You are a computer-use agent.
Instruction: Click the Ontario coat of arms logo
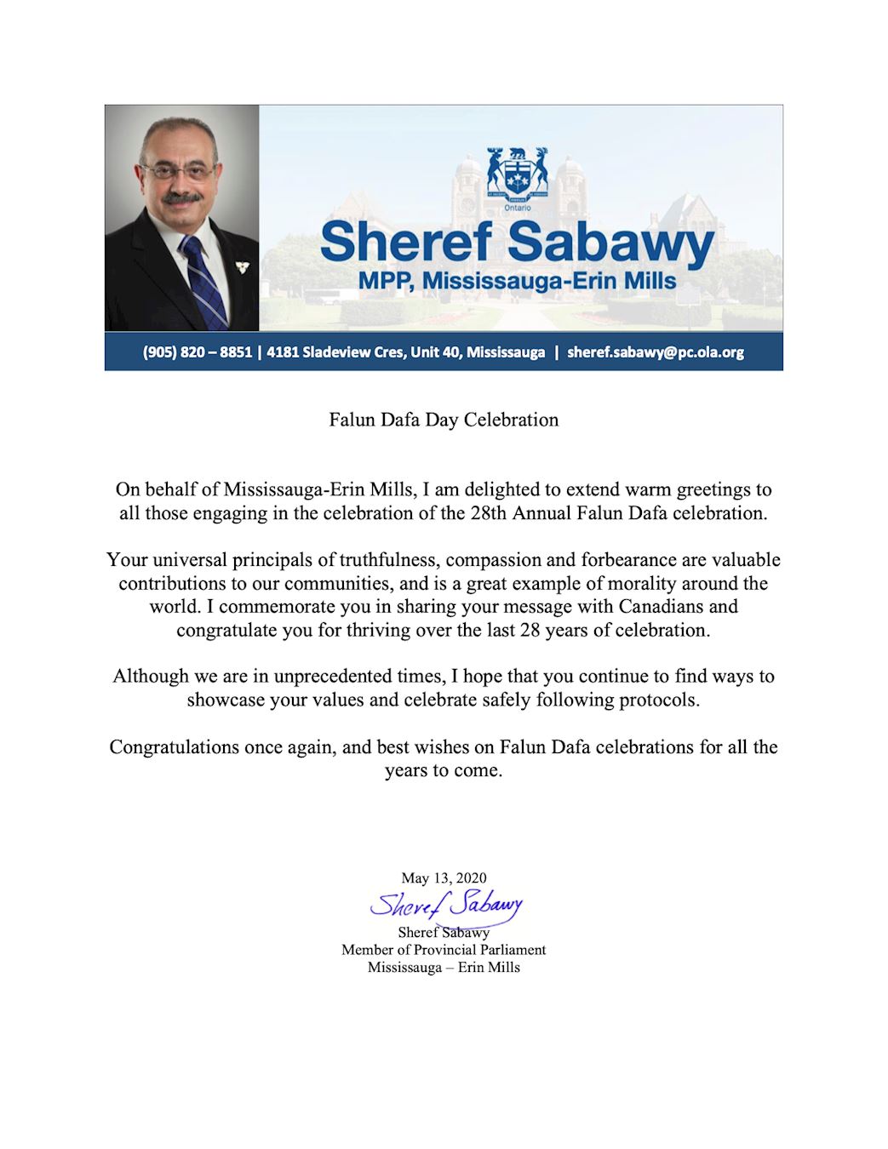point(517,174)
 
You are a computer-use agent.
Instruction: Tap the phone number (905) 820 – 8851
point(198,352)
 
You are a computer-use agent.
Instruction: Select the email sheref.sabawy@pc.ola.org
point(656,352)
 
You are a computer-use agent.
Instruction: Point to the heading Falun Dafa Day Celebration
point(444,420)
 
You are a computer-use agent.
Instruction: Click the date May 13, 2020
point(444,877)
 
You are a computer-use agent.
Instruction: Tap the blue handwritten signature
point(445,905)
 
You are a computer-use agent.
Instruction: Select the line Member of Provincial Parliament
point(444,950)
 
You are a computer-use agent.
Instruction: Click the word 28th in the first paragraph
point(490,513)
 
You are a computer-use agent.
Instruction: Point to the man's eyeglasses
point(178,171)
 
